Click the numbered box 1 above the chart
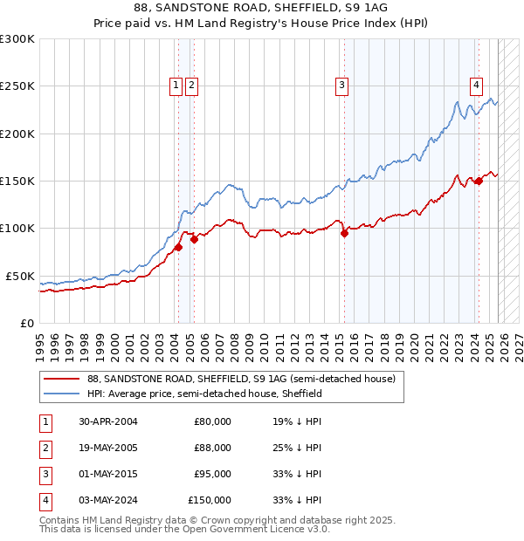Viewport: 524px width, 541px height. point(176,85)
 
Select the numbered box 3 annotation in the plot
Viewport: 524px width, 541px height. point(341,85)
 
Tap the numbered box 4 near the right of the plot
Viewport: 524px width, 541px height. point(476,85)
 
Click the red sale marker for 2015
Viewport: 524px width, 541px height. point(344,232)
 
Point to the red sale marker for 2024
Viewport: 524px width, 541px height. point(479,181)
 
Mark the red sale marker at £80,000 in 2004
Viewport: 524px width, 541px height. point(178,247)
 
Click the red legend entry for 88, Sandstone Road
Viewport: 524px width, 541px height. point(241,379)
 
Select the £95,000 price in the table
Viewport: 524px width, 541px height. point(212,474)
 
